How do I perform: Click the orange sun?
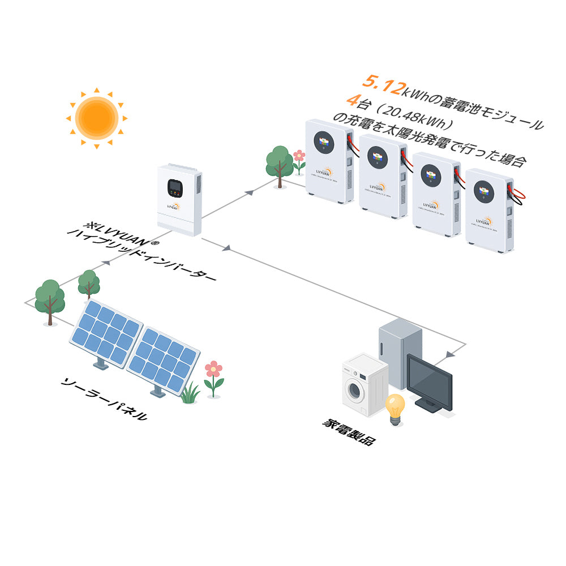coord(96,118)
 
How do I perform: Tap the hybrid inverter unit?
coord(179,199)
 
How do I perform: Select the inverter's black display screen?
coord(174,187)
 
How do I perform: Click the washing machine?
coord(363,385)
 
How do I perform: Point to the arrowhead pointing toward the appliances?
coord(449,355)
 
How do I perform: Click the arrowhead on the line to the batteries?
coord(249,193)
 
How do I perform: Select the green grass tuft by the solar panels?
coord(190,393)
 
